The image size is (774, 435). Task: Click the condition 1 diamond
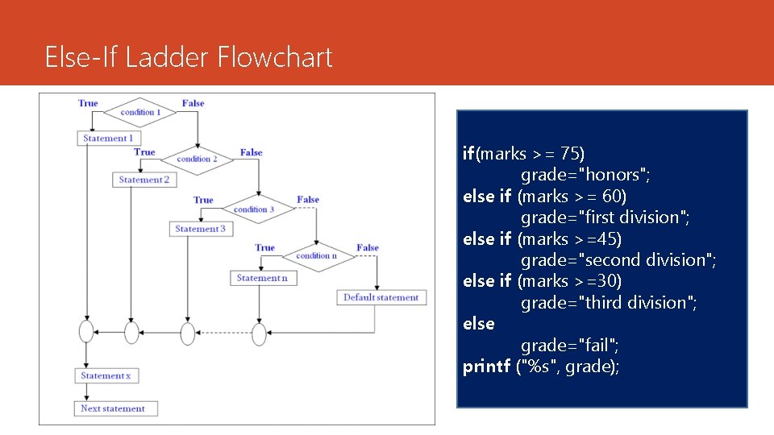tap(141, 113)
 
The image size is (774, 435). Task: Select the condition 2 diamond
tap(198, 159)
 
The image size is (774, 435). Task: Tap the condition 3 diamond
tap(254, 209)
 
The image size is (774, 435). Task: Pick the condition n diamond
tap(315, 256)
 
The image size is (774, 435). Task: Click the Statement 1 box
tap(108, 139)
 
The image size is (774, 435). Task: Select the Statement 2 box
tap(144, 180)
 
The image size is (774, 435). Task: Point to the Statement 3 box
tap(201, 229)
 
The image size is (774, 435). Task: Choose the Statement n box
tap(261, 278)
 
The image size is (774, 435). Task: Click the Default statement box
tap(381, 297)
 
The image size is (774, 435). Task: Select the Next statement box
tap(113, 408)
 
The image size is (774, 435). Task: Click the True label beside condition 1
tap(88, 103)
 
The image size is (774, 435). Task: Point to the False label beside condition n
tap(368, 248)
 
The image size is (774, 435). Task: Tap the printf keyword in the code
tap(486, 367)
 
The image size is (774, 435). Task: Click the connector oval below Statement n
tap(259, 332)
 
